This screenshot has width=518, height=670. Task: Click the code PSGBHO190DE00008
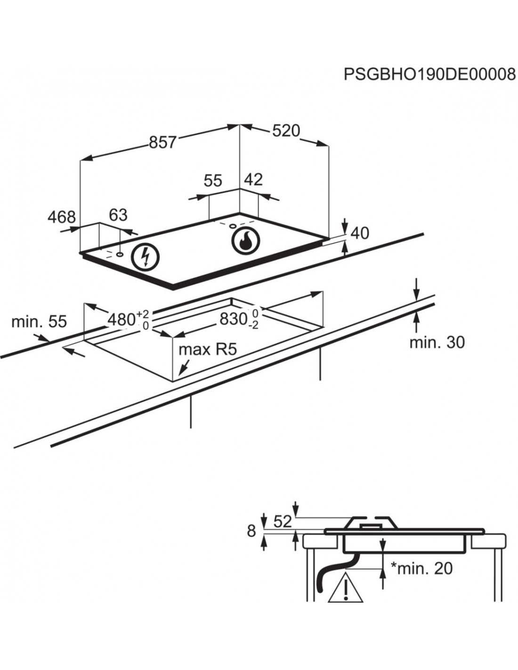point(429,74)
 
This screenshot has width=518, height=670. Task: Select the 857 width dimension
point(162,142)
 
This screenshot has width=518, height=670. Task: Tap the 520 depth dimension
point(286,131)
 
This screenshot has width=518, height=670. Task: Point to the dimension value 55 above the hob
point(213,180)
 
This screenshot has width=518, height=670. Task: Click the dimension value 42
point(253,180)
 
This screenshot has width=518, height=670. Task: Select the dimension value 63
point(118,215)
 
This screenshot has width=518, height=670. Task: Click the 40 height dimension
point(360,233)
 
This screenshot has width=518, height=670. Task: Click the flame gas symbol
point(245,240)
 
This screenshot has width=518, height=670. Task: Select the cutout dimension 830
point(234,320)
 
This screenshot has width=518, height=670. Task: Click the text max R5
point(207,349)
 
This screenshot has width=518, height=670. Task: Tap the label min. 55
point(39,322)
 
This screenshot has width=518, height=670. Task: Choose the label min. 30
point(437,343)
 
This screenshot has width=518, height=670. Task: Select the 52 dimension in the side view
point(283,522)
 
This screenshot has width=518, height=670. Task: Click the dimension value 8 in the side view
point(251,531)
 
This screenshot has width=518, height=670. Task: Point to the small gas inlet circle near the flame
point(232,225)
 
